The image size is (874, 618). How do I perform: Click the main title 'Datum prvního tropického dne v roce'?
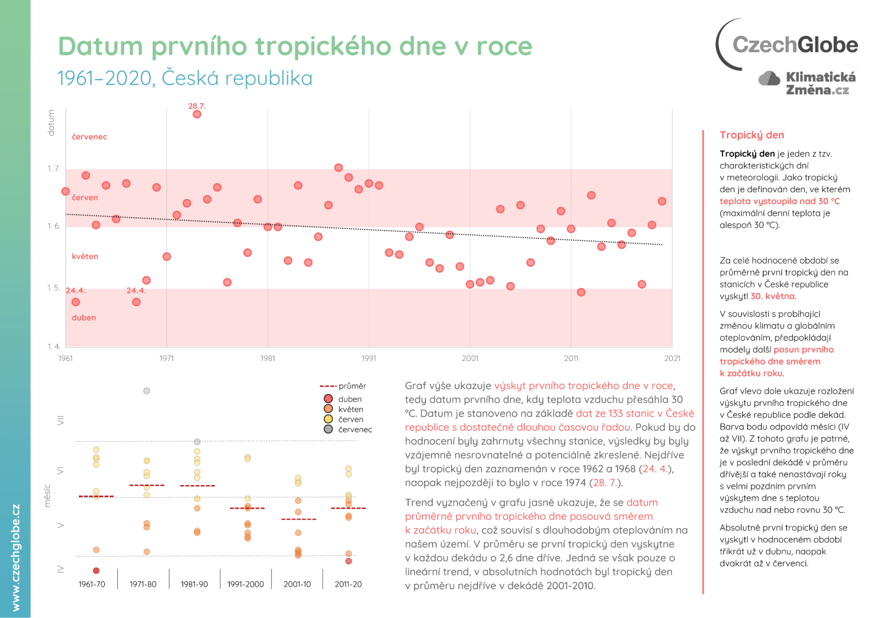[x=295, y=46]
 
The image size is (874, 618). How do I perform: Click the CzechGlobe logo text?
[x=794, y=45]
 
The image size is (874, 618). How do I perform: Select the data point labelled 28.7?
[x=197, y=114]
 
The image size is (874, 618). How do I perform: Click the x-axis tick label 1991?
[x=369, y=359]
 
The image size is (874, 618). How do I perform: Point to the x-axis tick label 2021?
[x=672, y=359]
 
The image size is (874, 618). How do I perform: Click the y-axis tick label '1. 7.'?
[x=53, y=169]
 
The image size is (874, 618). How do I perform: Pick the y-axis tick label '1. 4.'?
[x=53, y=347]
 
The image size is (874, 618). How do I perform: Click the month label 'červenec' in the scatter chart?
[x=89, y=137]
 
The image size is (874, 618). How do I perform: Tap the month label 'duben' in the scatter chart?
[x=84, y=318]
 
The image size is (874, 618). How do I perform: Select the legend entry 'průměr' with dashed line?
[x=342, y=386]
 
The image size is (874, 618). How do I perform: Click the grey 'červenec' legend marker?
[x=328, y=429]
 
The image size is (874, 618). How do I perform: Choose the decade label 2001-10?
[x=297, y=584]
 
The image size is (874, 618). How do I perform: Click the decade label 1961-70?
[x=92, y=584]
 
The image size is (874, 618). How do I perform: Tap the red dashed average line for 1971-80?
[x=147, y=485]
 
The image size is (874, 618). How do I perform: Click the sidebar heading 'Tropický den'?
[x=752, y=135]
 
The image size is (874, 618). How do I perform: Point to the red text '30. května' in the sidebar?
[x=772, y=296]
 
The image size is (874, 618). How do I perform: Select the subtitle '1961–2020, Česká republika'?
[x=185, y=78]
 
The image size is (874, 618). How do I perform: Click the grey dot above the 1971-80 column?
[x=147, y=391]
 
